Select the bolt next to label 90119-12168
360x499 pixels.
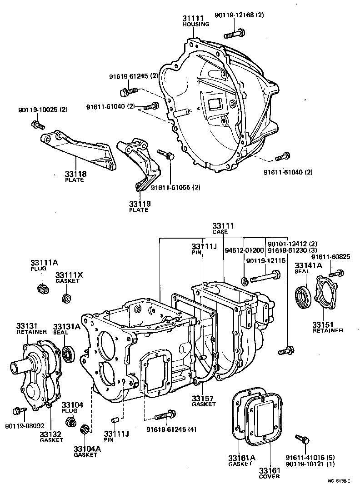point(235,33)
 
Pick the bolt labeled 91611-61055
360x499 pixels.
point(166,155)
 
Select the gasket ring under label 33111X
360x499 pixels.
point(67,299)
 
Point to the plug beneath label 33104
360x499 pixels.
point(70,421)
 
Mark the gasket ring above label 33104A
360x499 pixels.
point(85,429)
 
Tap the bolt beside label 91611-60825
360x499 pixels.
point(337,274)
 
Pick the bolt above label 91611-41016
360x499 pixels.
point(302,439)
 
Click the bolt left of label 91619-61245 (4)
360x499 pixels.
point(164,415)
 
